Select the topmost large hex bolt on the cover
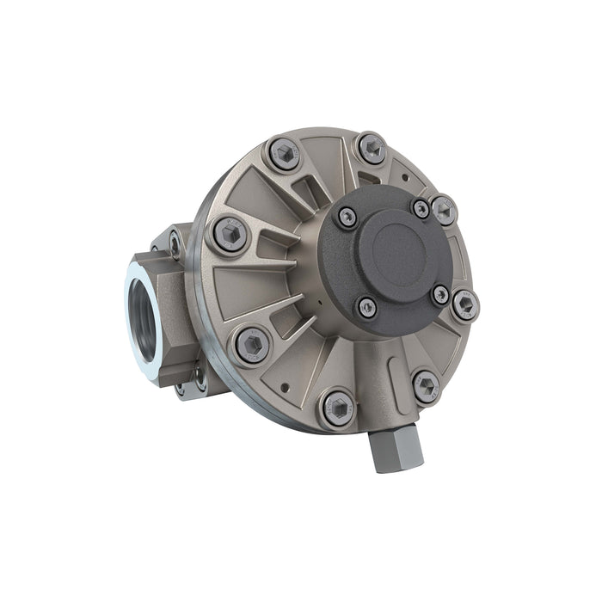[371, 148]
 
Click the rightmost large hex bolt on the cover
[465, 304]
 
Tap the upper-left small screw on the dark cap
[347, 217]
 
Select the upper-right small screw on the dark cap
[421, 208]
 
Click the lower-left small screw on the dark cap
[367, 306]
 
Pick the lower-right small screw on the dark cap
[439, 294]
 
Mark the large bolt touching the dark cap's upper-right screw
[444, 206]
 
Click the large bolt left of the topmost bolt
[284, 156]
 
